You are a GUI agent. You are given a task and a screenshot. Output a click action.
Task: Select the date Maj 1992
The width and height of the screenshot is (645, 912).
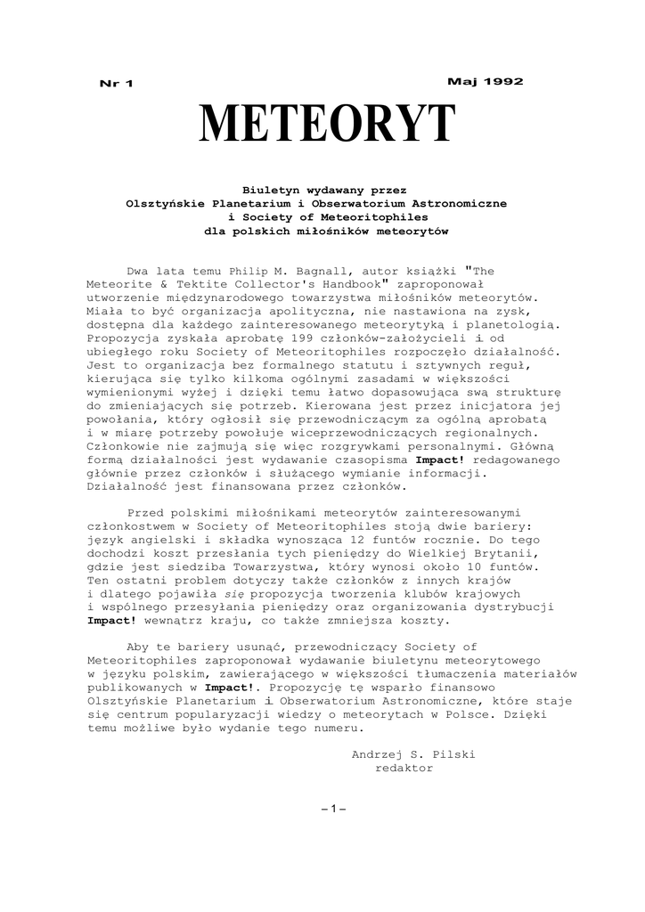click(x=485, y=81)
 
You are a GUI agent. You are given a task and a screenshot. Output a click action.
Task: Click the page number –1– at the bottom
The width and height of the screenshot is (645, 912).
click(x=332, y=808)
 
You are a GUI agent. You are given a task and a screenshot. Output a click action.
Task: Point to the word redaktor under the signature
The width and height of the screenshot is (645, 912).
click(x=405, y=768)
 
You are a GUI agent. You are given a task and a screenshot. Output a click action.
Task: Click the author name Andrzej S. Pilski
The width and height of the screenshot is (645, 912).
click(x=414, y=753)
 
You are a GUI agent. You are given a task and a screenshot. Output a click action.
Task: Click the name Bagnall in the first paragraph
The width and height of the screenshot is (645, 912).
click(x=326, y=268)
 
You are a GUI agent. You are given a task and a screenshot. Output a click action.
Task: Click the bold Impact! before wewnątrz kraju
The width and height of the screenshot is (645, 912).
click(x=113, y=621)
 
